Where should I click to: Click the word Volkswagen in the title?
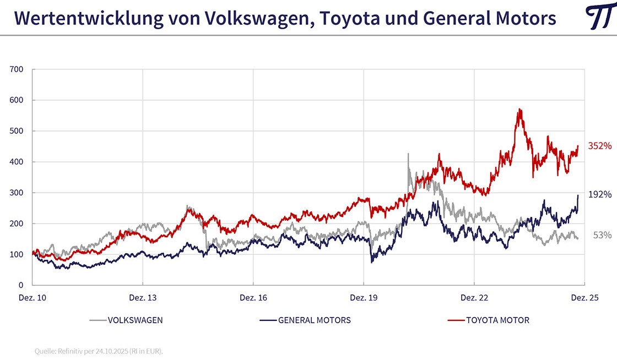click(x=257, y=19)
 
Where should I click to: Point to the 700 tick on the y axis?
click(x=16, y=69)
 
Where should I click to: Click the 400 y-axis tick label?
click(x=16, y=162)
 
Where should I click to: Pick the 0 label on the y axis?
click(x=20, y=285)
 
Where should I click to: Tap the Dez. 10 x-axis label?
click(x=33, y=298)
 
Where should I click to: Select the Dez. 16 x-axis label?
click(x=253, y=298)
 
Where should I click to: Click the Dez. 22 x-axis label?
click(x=474, y=298)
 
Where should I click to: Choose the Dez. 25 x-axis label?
click(x=584, y=298)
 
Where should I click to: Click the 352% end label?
click(x=600, y=146)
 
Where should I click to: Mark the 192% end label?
click(x=600, y=194)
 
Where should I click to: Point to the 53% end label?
click(x=602, y=235)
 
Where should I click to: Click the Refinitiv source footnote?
click(x=99, y=351)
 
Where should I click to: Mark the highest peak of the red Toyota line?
click(x=519, y=110)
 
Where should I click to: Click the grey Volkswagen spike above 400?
click(x=408, y=155)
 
